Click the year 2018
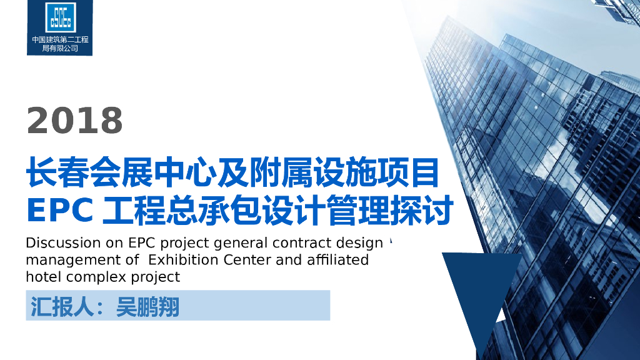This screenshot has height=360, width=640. coord(75,120)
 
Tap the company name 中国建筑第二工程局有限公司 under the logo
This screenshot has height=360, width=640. coord(60,44)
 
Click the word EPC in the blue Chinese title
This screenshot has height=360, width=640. coord(60,211)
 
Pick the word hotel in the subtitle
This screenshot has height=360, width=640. coord(44,276)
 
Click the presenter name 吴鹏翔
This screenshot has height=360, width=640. coord(147,306)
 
